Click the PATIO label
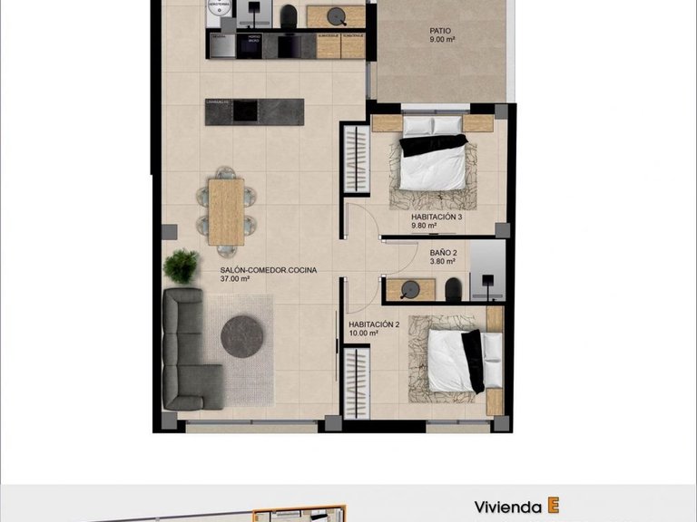[x=439, y=30]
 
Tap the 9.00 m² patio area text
[x=442, y=40]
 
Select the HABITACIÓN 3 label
[x=437, y=217]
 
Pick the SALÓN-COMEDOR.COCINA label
[x=269, y=270]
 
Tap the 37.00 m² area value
[x=235, y=280]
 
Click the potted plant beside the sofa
[x=182, y=266]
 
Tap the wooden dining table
[x=225, y=210]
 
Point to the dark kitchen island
[x=255, y=111]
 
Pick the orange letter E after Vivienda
[x=552, y=506]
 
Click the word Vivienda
[x=508, y=507]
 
